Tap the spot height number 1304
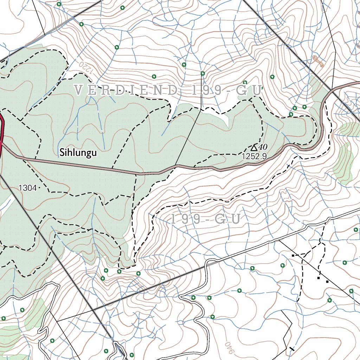27,188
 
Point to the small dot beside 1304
39,188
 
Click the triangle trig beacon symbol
253,147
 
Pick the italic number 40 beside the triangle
263,147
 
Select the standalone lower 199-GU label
206,219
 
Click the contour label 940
228,348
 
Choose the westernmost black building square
292,256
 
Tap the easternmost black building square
327,282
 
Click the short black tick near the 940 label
291,349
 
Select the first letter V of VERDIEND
79,90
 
